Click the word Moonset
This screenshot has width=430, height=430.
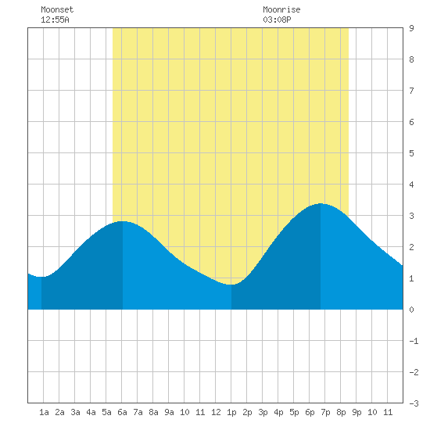click(57, 9)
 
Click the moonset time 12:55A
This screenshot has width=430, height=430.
click(55, 20)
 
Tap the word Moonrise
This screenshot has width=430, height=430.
click(281, 9)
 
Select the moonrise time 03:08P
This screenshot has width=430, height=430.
click(277, 20)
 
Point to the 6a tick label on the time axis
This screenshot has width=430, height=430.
click(122, 412)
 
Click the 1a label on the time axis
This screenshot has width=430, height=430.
click(44, 412)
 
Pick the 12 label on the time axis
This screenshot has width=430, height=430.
click(216, 412)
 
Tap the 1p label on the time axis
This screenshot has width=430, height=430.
click(231, 412)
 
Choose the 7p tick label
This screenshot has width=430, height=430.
click(325, 412)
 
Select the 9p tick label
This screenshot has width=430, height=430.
click(357, 412)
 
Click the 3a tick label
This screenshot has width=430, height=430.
click(75, 412)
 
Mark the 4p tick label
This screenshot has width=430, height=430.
click(278, 412)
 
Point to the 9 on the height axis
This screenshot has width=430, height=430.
click(411, 28)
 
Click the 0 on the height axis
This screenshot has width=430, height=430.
click(411, 310)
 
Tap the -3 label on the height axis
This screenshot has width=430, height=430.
click(414, 403)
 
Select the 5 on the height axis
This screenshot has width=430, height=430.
click(411, 153)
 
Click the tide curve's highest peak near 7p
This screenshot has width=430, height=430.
click(321, 204)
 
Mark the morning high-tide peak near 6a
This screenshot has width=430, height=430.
click(123, 221)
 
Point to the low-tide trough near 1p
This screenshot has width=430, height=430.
click(231, 285)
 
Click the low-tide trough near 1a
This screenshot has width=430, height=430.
click(41, 277)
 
